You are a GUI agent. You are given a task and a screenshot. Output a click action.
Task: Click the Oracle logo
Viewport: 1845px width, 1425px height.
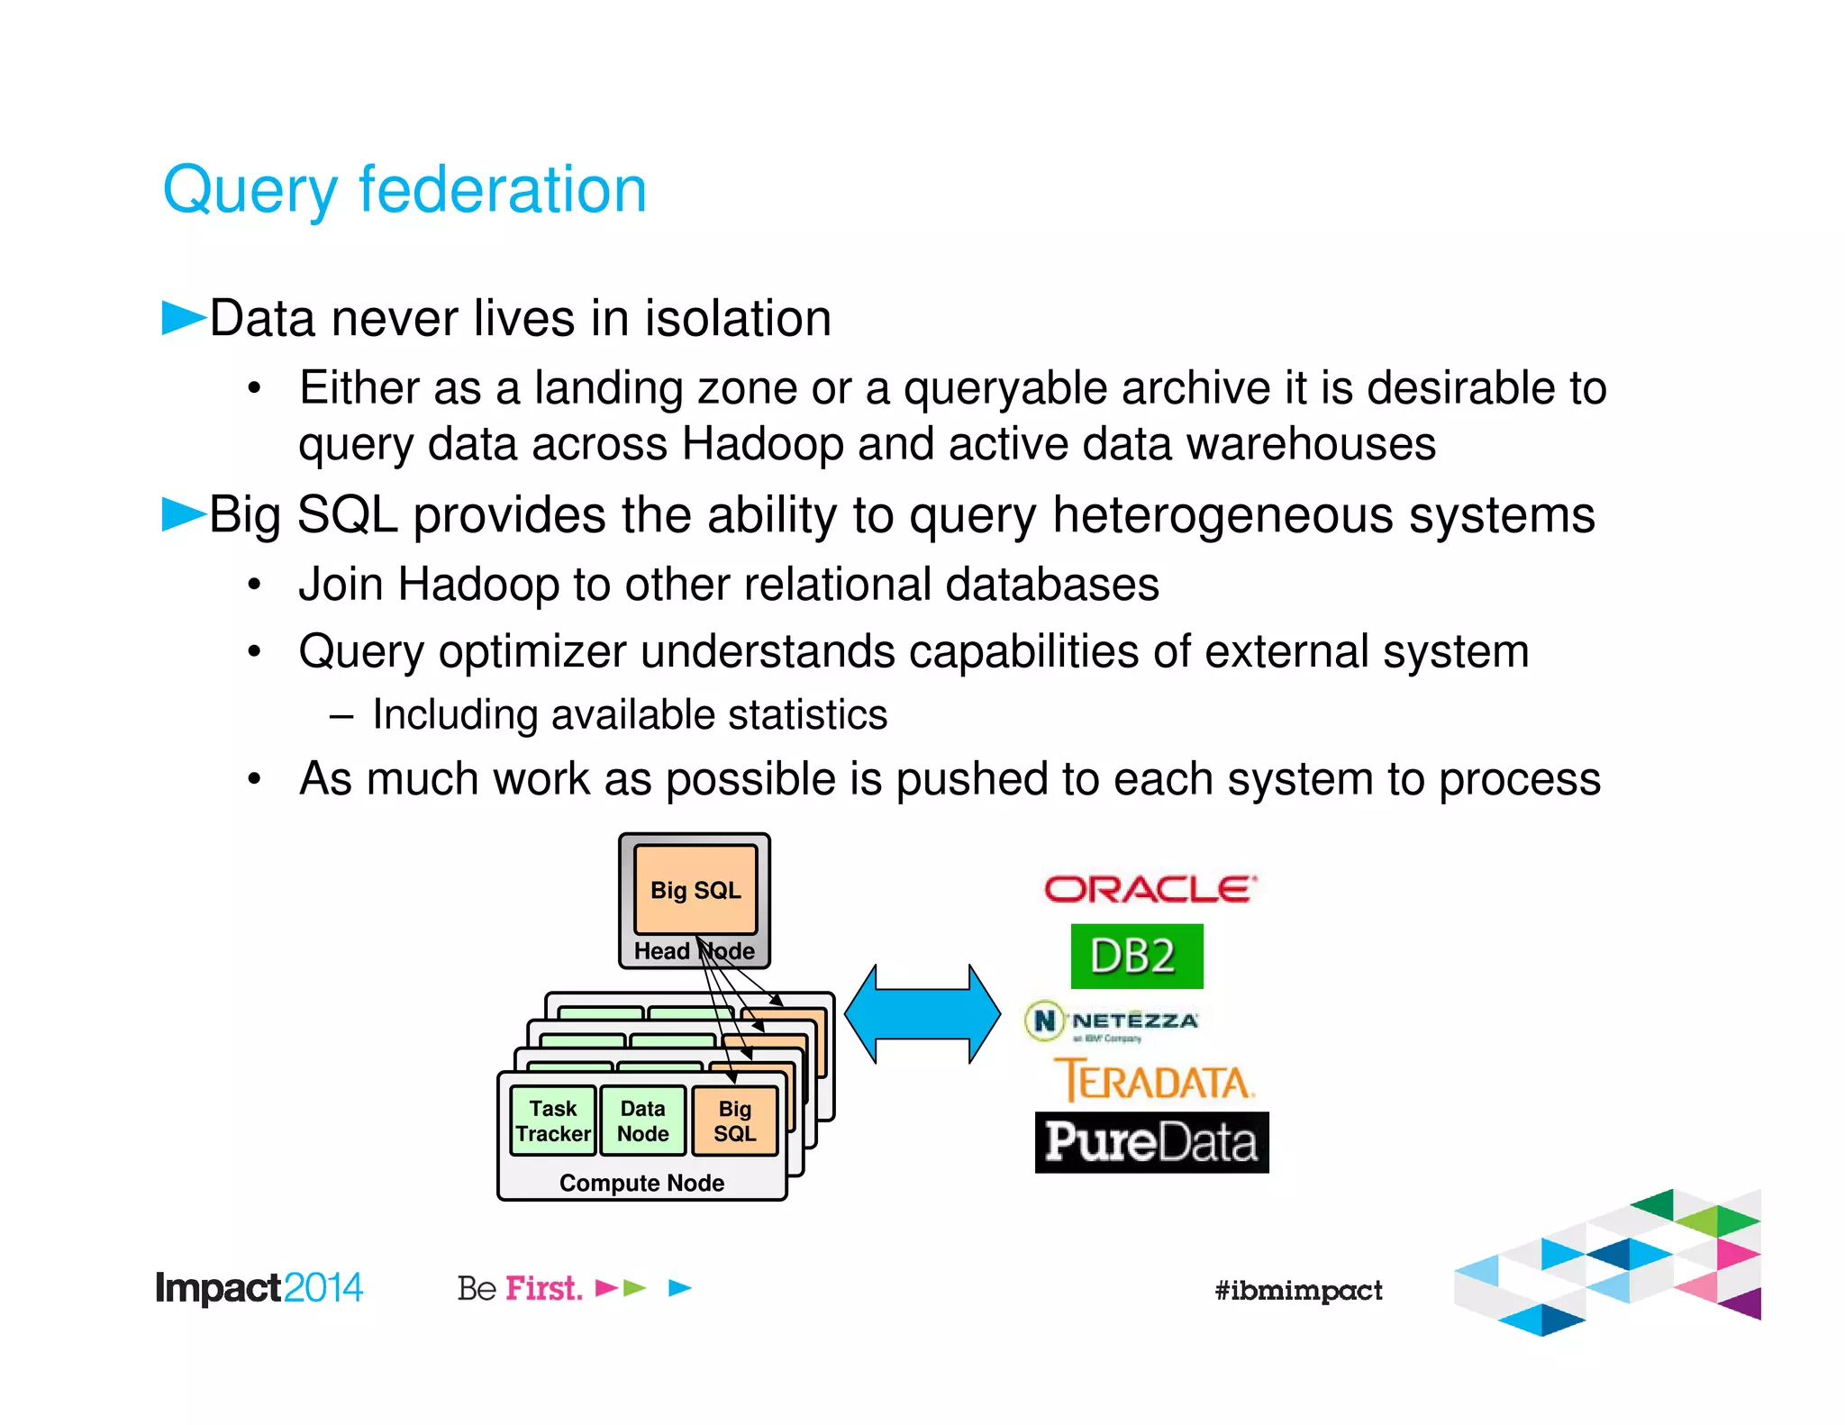click(x=1150, y=889)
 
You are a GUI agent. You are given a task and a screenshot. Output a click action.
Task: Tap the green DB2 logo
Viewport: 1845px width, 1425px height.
click(x=1136, y=956)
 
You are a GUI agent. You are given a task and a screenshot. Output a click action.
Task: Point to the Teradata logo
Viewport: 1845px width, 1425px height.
click(x=1154, y=1081)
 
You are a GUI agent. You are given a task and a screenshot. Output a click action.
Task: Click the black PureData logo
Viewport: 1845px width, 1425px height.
click(x=1151, y=1142)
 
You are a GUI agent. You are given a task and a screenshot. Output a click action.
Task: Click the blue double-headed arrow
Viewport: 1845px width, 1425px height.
click(x=922, y=1014)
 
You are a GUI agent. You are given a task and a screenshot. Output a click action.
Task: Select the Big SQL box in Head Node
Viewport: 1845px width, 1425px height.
click(x=695, y=890)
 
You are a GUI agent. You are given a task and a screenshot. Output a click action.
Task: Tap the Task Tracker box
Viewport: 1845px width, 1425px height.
click(x=552, y=1121)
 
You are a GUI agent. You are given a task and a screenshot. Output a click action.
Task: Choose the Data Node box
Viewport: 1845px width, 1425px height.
click(x=642, y=1121)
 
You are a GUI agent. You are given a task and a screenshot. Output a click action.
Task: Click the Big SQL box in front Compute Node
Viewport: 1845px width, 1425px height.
click(x=734, y=1121)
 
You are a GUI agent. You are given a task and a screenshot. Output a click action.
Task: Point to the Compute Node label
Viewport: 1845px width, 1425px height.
click(x=641, y=1183)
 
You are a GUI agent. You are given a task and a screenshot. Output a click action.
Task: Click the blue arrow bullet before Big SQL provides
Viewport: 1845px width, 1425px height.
click(x=183, y=514)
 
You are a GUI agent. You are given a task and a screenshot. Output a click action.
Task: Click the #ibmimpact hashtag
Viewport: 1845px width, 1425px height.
click(x=1298, y=1290)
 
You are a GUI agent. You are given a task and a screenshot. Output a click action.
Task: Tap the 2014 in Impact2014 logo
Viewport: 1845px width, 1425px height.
click(x=323, y=1288)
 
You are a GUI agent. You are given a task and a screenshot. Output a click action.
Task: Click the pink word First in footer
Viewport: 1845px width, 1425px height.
click(x=543, y=1288)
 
